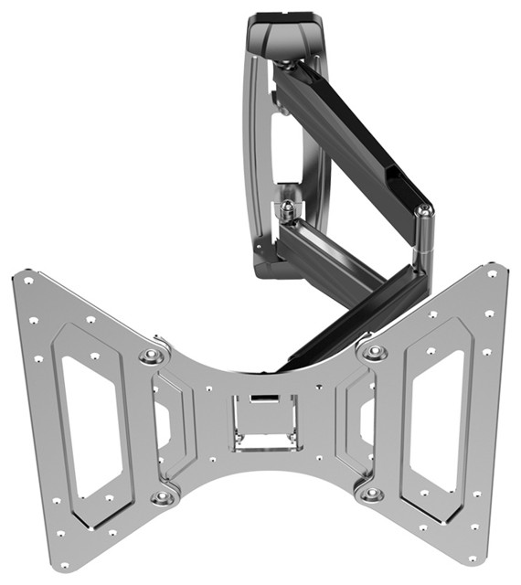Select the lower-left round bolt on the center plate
click(164, 497)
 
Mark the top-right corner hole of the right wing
click(492, 273)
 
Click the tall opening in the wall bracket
click(290, 146)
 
